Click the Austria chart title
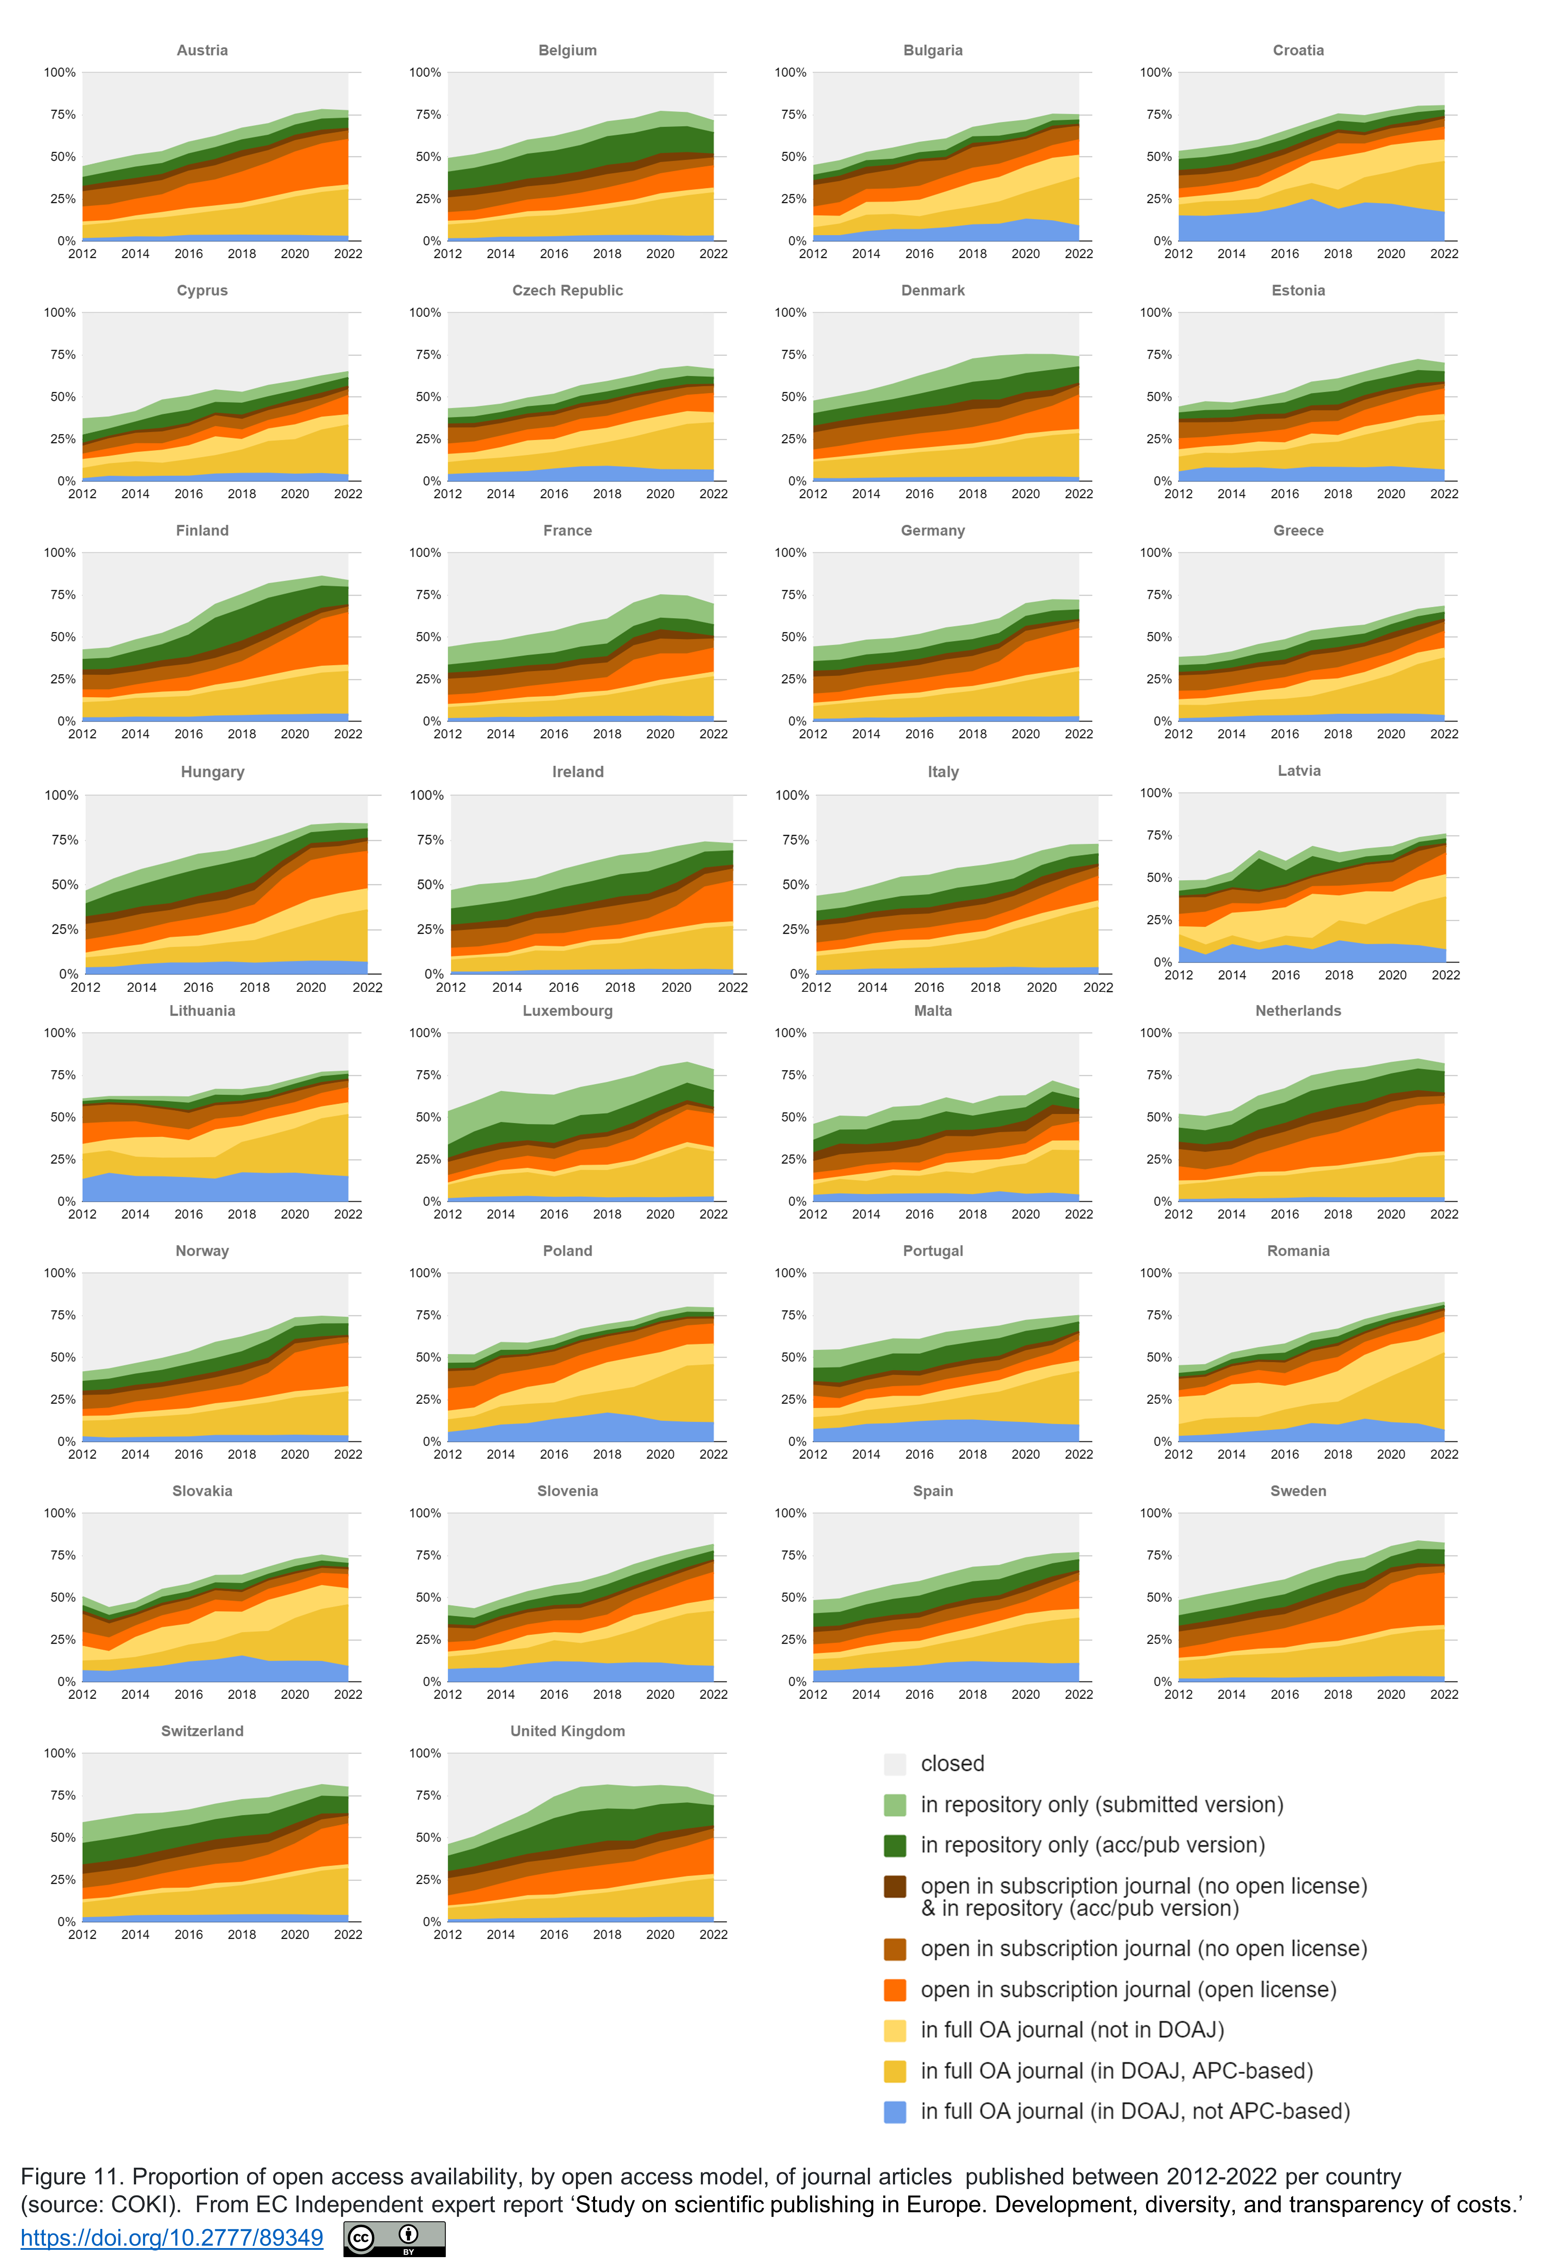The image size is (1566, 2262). coord(202,50)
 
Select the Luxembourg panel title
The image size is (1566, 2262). coord(567,1010)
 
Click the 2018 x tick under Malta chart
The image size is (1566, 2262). coord(972,1215)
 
